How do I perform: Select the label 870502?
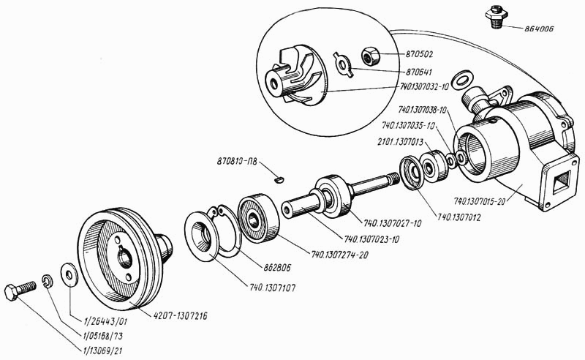[x=419, y=53]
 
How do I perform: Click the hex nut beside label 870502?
[x=369, y=54]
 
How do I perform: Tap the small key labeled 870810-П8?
[x=279, y=176]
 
